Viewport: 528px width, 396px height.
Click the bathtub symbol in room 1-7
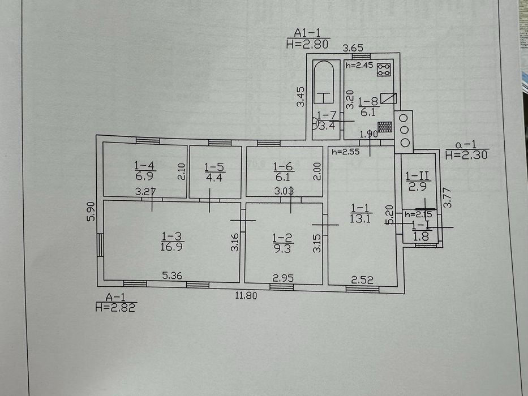coord(324,82)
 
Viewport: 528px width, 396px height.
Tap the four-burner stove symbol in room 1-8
coord(384,70)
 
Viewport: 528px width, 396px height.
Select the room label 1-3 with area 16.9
coord(171,241)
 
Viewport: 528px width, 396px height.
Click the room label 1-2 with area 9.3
coord(282,243)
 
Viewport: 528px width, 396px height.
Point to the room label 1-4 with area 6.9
coord(144,170)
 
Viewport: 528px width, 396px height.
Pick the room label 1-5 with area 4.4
coord(214,172)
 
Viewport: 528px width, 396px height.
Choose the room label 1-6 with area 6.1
coord(283,171)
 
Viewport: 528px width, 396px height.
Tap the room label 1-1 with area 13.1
coord(360,213)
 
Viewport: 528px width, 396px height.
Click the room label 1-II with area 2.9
coord(418,181)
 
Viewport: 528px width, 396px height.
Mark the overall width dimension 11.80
coord(246,295)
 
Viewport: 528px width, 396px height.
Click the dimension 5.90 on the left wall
coord(91,211)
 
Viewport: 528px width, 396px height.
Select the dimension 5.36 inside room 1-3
coord(172,276)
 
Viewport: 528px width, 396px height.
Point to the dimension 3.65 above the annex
coord(353,48)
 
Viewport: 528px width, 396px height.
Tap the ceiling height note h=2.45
coord(359,65)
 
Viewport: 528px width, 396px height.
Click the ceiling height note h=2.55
coord(345,152)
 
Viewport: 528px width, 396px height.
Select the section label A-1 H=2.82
coord(116,302)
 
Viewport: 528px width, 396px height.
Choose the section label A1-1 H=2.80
coord(308,38)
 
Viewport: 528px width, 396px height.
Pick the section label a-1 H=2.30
coord(466,150)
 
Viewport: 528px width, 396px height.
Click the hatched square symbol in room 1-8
coord(385,127)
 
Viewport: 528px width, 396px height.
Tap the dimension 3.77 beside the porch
coord(447,197)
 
